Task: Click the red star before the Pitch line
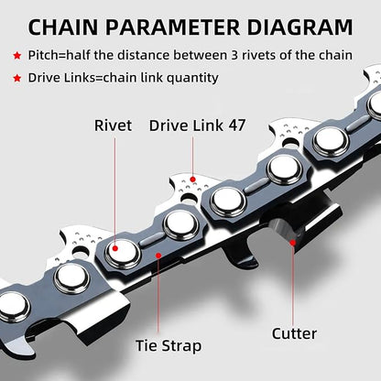pyautogui.click(x=17, y=57)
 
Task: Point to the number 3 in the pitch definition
pyautogui.click(x=245, y=57)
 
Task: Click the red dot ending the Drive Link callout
pyautogui.click(x=192, y=177)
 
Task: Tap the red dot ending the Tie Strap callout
pyautogui.click(x=157, y=256)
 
